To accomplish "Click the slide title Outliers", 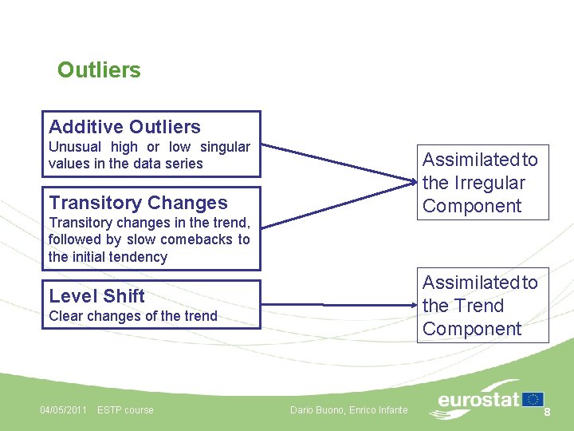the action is coord(99,70).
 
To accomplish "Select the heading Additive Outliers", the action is coord(124,127).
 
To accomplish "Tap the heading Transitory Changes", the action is coord(138,203).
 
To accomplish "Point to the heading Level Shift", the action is coord(96,296).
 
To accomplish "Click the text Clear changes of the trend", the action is coord(132,316).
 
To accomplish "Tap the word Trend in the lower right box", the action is coord(480,306).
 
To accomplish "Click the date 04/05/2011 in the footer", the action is coord(64,410).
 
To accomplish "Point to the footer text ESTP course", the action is coord(125,410).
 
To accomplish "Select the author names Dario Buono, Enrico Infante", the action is coord(348,410).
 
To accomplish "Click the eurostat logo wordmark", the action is coord(478,400).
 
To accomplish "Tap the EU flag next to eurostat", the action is coord(533,399).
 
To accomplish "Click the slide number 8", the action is coord(548,411).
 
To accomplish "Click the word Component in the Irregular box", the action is coord(472,206).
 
